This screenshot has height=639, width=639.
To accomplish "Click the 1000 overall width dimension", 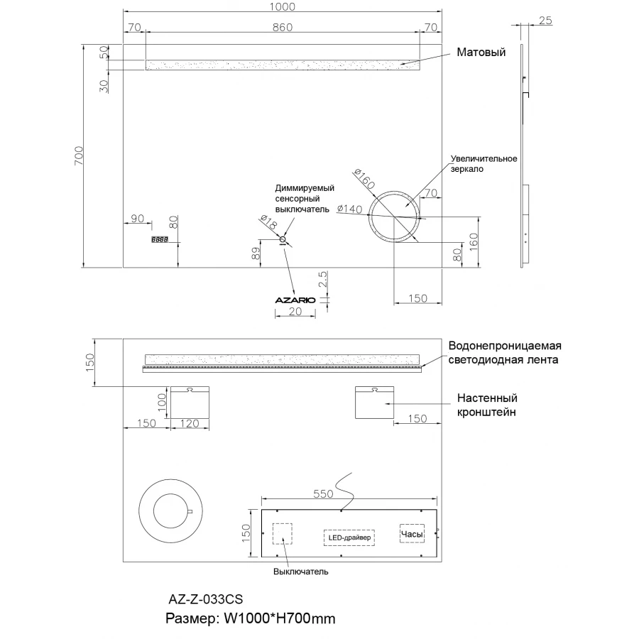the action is pyautogui.click(x=282, y=6).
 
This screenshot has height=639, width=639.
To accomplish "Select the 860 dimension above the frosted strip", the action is pyautogui.click(x=283, y=27).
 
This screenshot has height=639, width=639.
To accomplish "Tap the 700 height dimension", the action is pyautogui.click(x=78, y=155).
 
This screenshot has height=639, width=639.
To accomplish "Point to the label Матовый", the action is pyautogui.click(x=481, y=52).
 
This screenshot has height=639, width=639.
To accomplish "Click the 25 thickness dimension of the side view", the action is pyautogui.click(x=545, y=21).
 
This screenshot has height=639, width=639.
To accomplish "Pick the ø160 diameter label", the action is pyautogui.click(x=364, y=179).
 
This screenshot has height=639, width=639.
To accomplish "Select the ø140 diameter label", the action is pyautogui.click(x=349, y=209).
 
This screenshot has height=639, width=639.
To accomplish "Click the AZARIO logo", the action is pyautogui.click(x=295, y=300).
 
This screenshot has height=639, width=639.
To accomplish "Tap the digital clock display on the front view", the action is pyautogui.click(x=160, y=240).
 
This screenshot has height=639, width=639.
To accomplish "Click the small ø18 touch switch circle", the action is pyautogui.click(x=283, y=239).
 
